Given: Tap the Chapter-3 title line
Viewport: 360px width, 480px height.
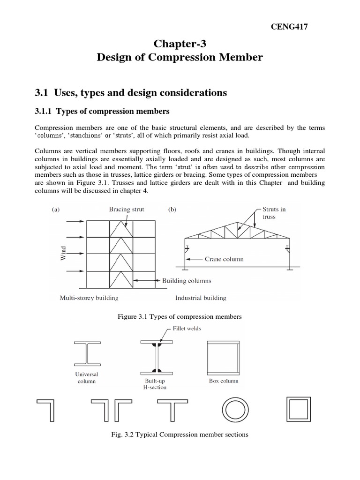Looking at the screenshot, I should coord(180,44).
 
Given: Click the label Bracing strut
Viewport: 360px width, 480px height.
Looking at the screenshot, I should coord(127,210).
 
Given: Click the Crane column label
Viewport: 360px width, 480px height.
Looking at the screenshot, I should coord(224,258).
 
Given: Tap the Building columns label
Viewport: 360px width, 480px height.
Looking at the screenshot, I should coord(187,281).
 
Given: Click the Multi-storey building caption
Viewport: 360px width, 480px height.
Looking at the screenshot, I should coord(89,298).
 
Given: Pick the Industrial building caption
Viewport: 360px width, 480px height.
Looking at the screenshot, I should coord(201,298).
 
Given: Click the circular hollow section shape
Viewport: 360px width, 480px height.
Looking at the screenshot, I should coord(234,410).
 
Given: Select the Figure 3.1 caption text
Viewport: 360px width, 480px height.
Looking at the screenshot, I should coord(180,317).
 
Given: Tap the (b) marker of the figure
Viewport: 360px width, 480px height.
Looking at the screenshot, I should coord(172,210).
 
